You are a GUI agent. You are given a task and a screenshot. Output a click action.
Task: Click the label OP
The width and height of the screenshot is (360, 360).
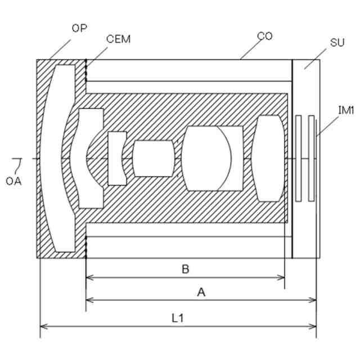coord(79,27)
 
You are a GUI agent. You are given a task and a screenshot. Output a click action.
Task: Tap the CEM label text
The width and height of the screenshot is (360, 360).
coord(118,38)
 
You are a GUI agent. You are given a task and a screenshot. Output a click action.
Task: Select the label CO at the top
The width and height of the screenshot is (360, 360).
coord(264,36)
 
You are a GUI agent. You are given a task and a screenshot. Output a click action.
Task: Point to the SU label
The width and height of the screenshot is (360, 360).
coord(337,43)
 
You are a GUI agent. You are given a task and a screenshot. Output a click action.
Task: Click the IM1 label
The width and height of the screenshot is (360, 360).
coord(345,110)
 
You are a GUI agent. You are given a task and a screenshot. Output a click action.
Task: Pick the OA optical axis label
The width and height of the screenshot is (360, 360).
coord(13,181)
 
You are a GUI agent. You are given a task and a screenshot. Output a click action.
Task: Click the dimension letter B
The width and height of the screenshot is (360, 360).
coord(185,269)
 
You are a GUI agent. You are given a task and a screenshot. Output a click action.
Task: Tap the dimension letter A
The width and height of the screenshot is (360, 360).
coord(201,292)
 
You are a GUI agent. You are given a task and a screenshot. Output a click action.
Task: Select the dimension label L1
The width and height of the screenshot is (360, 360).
coord(178,318)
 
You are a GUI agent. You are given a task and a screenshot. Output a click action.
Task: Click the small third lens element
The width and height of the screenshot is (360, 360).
coord(117,158)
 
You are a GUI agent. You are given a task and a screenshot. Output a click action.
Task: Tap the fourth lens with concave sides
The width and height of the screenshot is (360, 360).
coord(153,158)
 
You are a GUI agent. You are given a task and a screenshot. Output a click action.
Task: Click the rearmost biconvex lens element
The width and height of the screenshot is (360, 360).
coord(269,158)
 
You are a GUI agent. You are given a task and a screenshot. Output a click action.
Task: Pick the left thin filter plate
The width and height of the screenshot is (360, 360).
coord(299,158)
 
